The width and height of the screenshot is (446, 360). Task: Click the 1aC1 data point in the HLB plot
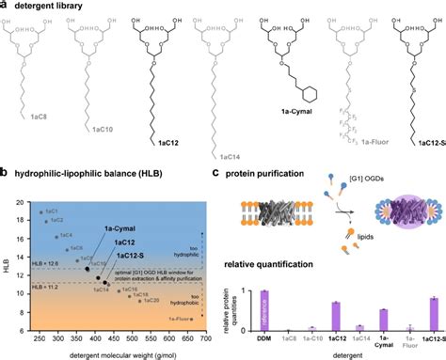[40, 211]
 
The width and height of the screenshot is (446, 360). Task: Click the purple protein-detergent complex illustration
[396, 227]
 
